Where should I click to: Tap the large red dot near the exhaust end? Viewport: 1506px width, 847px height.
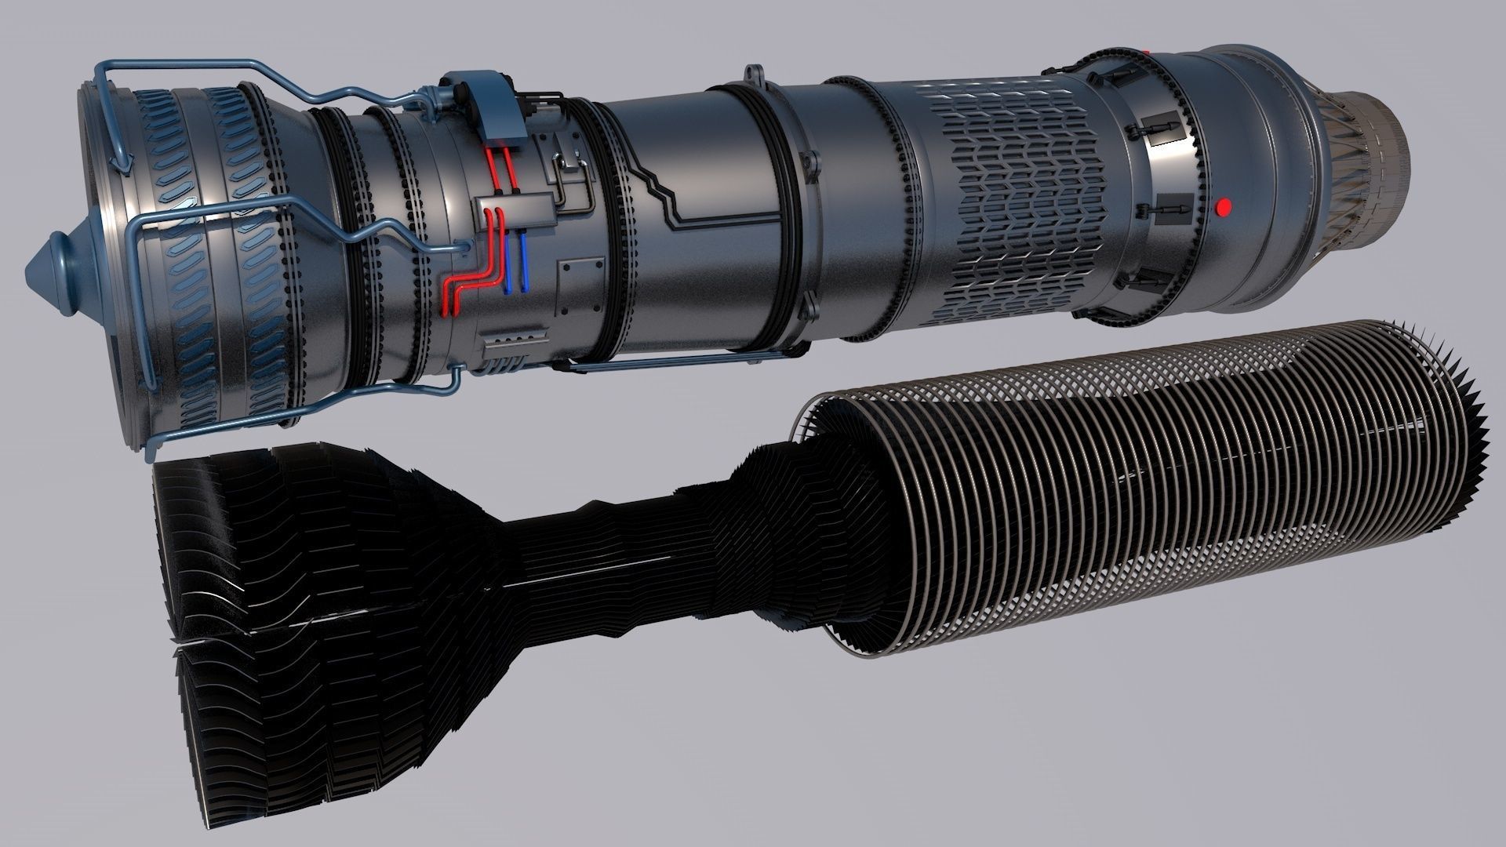point(1221,207)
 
